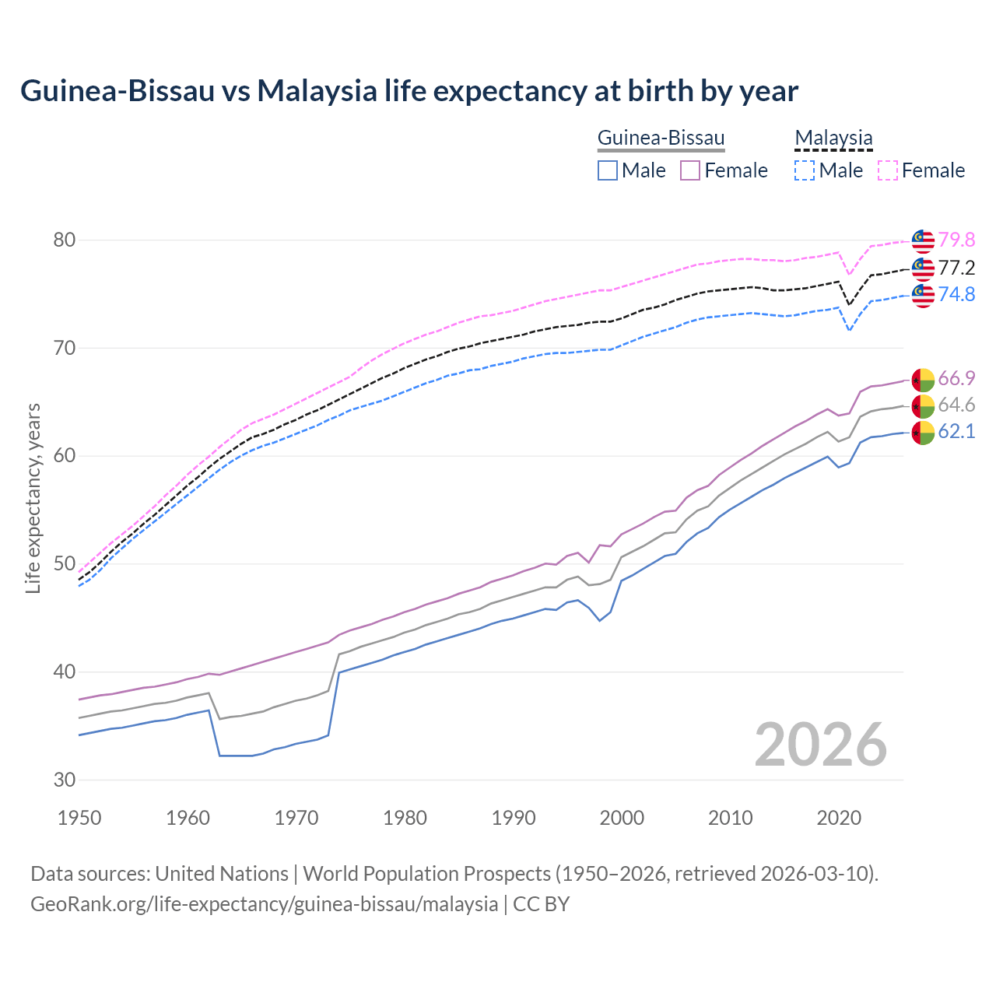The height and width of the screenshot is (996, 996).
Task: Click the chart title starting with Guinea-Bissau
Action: coord(409,91)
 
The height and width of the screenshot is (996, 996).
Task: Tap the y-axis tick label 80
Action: coord(65,240)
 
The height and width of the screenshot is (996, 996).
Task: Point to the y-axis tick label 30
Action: coord(65,780)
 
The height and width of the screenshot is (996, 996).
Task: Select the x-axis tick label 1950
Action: coord(79,818)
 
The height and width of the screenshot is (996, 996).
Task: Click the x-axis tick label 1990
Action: coord(514,818)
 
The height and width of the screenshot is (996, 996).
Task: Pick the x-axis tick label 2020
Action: coord(839,818)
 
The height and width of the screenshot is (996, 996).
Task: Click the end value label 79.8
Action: coord(956,240)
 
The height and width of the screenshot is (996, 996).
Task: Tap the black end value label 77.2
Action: coord(956,268)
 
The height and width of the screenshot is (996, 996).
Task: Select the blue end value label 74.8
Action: coord(956,295)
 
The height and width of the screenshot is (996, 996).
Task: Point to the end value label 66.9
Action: coord(956,379)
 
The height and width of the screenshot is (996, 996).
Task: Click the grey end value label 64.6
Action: coord(956,405)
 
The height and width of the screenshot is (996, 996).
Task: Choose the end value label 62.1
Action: coord(956,432)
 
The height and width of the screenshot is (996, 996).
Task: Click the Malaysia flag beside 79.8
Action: coord(923,241)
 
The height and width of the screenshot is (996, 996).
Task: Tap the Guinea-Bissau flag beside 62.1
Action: coord(923,433)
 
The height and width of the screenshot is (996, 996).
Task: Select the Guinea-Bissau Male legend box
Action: coord(608,170)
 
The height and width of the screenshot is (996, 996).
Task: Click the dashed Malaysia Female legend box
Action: coord(888,170)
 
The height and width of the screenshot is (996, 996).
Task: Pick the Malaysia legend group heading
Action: coord(833,139)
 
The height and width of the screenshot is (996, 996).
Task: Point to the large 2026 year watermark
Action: coord(821,745)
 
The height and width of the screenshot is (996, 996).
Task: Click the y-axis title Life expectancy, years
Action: coord(33,498)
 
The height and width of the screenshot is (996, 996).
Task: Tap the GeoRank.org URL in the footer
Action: coord(264,904)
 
